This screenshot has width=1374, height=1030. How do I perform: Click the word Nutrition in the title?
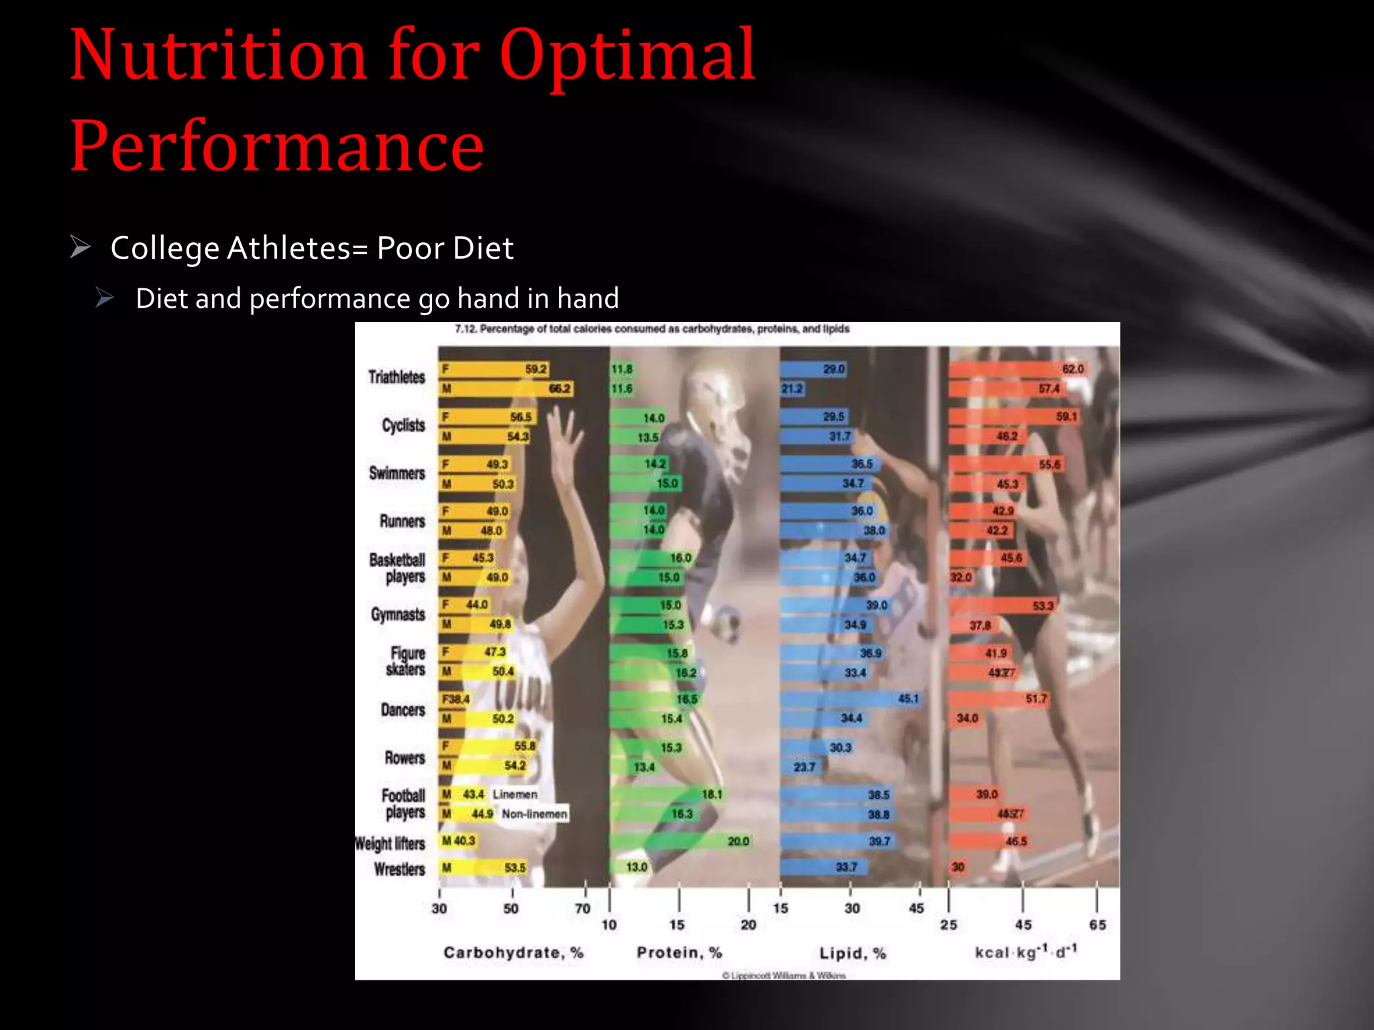coord(219,55)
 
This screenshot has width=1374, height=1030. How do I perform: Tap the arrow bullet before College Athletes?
coord(81,247)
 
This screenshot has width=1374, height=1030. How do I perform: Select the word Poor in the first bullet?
coord(409,248)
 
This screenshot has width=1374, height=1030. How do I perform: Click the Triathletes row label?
coord(397,378)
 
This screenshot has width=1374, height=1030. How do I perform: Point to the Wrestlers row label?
coord(399,870)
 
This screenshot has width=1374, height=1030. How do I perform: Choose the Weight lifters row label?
coord(390,844)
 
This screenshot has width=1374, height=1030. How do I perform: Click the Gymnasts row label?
coord(398,614)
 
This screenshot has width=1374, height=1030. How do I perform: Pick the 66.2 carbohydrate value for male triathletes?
coord(560,389)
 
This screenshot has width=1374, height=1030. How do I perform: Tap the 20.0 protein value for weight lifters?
coord(738,841)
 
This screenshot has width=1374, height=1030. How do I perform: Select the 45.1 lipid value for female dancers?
coord(908,699)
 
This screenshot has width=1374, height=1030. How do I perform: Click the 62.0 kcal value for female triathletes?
coord(1073,369)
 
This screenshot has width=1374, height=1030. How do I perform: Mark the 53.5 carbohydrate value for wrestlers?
coord(515,868)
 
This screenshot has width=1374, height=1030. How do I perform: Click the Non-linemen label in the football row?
coord(534,814)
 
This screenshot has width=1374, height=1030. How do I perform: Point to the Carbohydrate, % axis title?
coord(513,953)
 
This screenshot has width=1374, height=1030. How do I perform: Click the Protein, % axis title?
coord(679,953)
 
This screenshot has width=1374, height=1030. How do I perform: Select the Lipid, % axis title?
coord(853,954)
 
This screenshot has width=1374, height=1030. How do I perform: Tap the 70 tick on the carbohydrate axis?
coord(582,909)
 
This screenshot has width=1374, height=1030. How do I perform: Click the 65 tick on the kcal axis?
coord(1098,925)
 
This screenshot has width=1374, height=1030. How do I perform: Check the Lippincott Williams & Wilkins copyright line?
coord(784,976)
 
